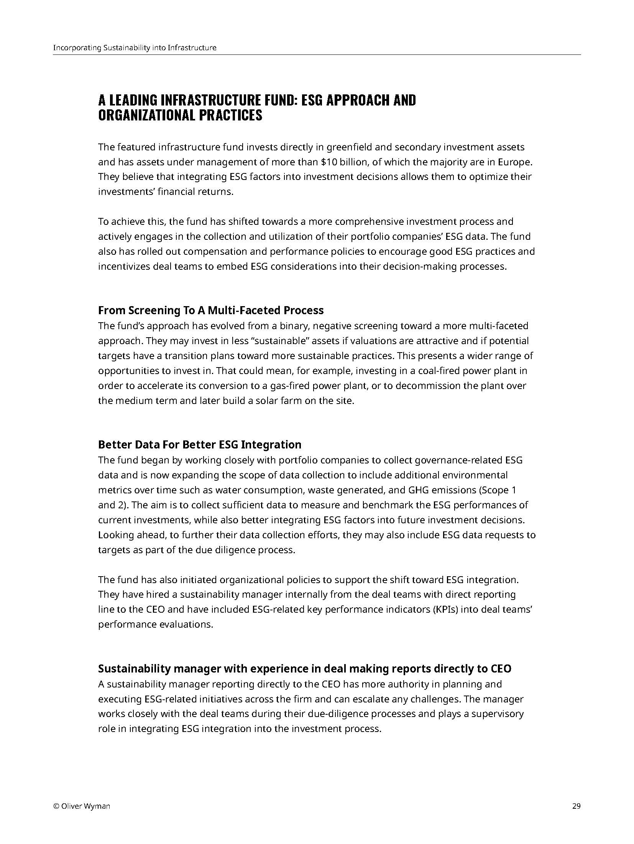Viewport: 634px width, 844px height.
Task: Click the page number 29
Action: pos(576,806)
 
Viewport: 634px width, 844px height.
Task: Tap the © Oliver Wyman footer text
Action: pos(82,806)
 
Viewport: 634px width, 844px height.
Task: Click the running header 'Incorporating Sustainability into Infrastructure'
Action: pos(135,48)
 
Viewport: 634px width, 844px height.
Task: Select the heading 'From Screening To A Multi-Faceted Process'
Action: pos(211,310)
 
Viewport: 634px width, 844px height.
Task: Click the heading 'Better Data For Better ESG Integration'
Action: pos(200,445)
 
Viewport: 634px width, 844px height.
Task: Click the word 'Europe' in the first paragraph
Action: pos(515,162)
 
